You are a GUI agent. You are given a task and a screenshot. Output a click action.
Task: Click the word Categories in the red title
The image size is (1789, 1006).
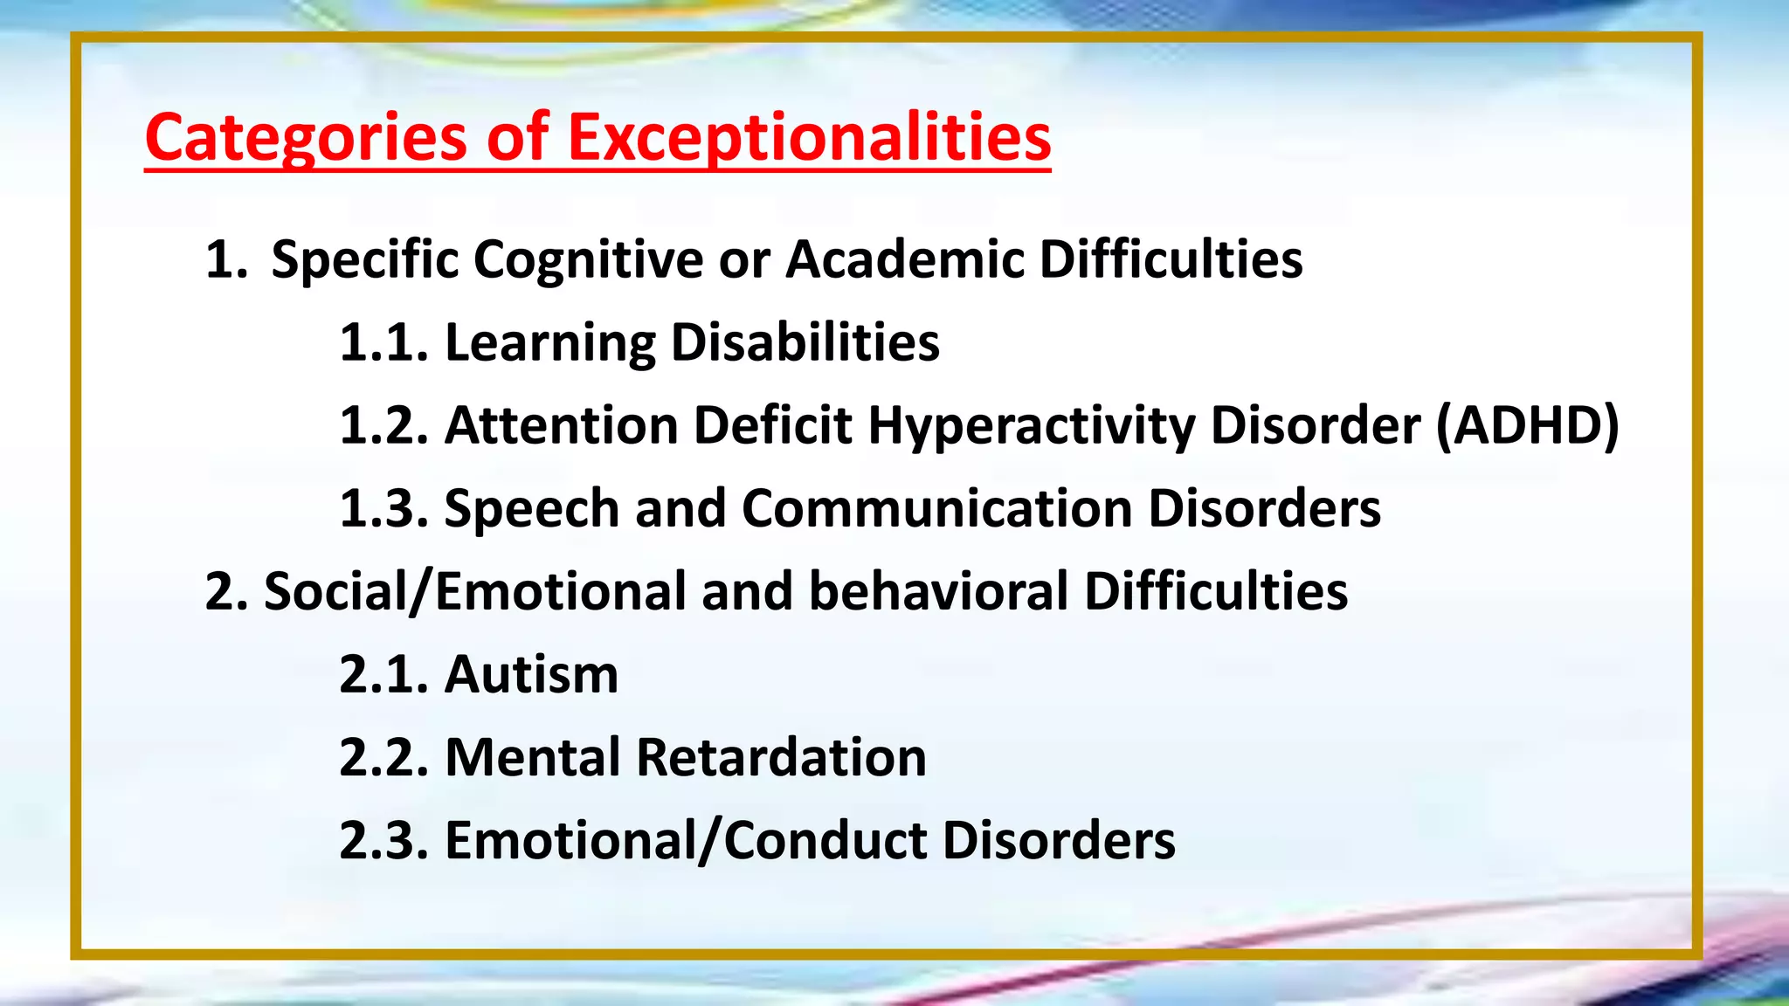pyautogui.click(x=306, y=138)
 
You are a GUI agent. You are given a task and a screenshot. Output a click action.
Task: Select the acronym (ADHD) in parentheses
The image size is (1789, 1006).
pyautogui.click(x=1528, y=426)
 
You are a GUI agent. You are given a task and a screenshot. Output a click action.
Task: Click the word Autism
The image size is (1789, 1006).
pyautogui.click(x=531, y=675)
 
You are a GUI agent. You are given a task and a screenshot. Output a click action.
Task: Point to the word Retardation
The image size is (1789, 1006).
pyautogui.click(x=781, y=757)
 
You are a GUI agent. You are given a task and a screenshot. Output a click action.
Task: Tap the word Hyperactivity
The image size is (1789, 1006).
pyautogui.click(x=1031, y=426)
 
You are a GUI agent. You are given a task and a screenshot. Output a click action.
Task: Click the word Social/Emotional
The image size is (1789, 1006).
pyautogui.click(x=474, y=592)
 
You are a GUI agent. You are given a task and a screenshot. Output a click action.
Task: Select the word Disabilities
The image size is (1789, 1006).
pyautogui.click(x=805, y=342)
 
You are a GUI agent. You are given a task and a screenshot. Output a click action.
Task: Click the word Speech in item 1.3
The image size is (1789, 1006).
pyautogui.click(x=531, y=508)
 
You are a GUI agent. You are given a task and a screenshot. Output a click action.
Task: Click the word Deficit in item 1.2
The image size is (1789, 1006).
pyautogui.click(x=772, y=426)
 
